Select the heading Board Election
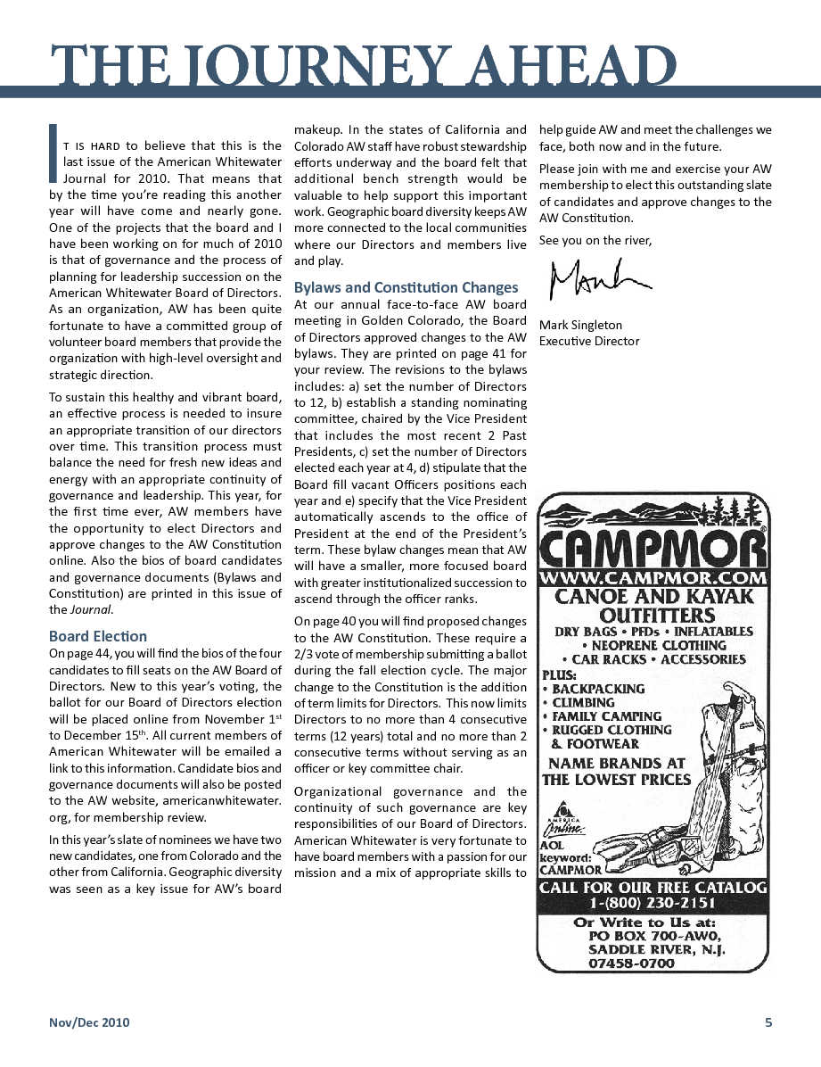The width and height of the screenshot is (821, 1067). point(98,636)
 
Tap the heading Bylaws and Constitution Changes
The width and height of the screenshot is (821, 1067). point(406,287)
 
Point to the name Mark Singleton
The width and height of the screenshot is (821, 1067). point(580,325)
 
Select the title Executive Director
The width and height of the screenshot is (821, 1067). point(589,341)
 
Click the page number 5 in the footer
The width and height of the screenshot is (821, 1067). point(768,1022)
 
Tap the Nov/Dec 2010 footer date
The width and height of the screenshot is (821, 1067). point(89,1022)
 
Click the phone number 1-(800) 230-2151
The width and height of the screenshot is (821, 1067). point(653,903)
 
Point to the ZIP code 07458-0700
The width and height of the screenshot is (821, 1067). point(631,964)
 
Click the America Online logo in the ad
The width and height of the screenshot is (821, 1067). point(563,827)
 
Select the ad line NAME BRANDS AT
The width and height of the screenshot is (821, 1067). point(617,763)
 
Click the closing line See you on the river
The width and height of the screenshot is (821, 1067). point(595,240)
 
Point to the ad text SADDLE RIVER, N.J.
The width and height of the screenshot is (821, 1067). point(657,949)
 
